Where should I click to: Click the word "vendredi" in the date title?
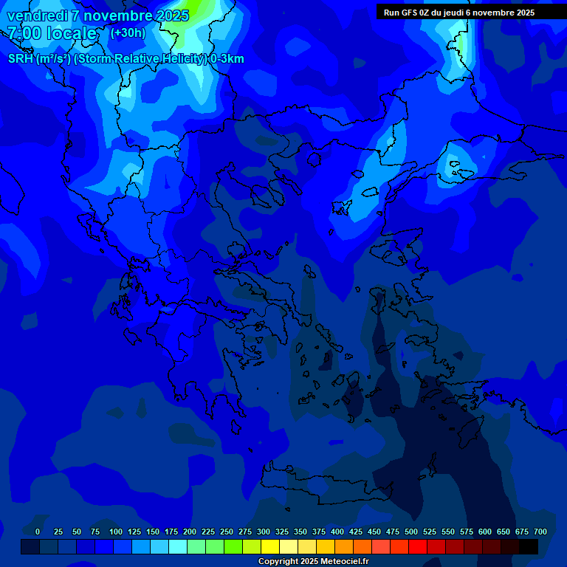pyautogui.click(x=37, y=16)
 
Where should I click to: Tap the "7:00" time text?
pyautogui.click(x=25, y=33)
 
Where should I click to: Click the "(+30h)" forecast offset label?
pyautogui.click(x=128, y=32)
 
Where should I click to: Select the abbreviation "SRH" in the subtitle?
pyautogui.click(x=21, y=59)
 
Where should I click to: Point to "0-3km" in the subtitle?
pyautogui.click(x=227, y=59)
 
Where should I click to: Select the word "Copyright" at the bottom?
pyautogui.click(x=278, y=562)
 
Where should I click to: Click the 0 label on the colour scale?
pyautogui.click(x=38, y=532)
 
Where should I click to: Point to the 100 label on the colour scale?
pyautogui.click(x=116, y=532)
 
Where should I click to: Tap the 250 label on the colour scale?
pyautogui.click(x=227, y=532)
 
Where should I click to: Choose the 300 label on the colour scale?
pyautogui.click(x=264, y=532)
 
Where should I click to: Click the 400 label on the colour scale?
pyautogui.click(x=337, y=532)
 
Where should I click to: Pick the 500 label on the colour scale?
pyautogui.click(x=411, y=532)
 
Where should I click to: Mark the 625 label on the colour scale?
pyautogui.click(x=504, y=532)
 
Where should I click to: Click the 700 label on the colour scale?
pyautogui.click(x=540, y=532)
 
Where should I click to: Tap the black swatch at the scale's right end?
pyautogui.click(x=529, y=547)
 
